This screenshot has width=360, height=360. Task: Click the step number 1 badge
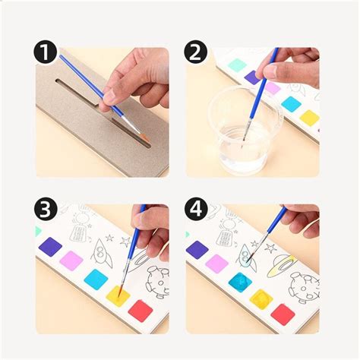(46, 52)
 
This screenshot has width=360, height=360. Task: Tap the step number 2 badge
(195, 52)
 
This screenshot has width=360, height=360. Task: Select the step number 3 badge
(46, 209)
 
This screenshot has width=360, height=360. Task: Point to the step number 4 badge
(195, 209)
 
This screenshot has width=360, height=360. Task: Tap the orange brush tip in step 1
(144, 137)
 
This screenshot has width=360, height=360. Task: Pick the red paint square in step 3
(141, 311)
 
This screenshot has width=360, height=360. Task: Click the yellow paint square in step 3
(118, 296)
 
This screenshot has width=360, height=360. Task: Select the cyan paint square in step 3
(96, 279)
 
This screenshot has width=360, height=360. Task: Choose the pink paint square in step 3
(71, 261)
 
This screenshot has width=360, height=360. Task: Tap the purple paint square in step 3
(50, 246)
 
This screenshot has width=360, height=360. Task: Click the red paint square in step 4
(283, 314)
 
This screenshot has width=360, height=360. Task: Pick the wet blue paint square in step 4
(240, 283)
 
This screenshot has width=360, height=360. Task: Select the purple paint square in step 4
(197, 250)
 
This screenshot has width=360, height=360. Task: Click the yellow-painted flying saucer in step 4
(283, 265)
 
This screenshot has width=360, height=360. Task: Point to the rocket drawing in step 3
(101, 253)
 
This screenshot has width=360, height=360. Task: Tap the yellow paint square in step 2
(309, 118)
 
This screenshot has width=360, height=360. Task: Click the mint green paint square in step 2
(237, 65)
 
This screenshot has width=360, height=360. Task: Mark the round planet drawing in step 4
(304, 288)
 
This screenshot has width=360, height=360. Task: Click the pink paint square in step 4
(217, 264)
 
